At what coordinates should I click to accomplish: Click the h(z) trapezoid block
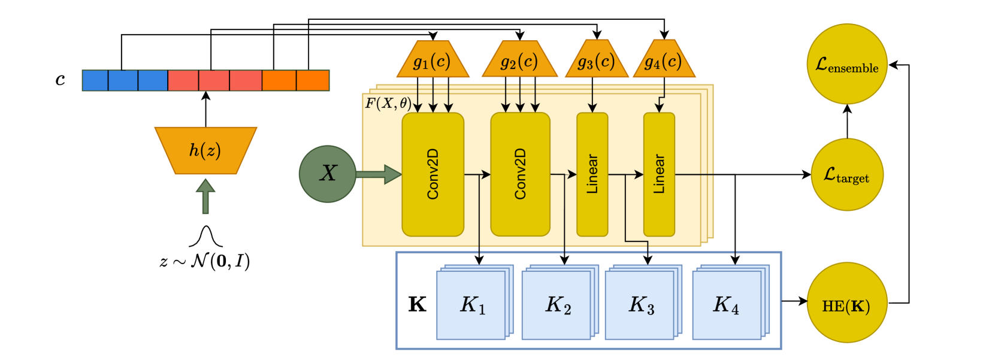205,150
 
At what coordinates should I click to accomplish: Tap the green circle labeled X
328,174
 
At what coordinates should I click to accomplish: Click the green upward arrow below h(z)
205,196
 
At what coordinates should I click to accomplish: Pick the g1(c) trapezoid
433,60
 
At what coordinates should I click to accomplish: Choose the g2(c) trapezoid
519,60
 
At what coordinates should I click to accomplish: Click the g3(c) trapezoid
596,60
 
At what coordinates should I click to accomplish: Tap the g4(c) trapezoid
663,60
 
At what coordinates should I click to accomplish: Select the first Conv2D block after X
433,174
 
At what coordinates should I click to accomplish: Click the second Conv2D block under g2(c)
520,174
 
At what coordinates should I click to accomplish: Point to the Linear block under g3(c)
592,174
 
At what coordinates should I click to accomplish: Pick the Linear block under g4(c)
659,174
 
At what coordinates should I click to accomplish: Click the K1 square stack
472,305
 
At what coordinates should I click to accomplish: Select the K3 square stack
641,305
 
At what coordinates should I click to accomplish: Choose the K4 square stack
726,305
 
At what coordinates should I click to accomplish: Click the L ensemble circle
847,64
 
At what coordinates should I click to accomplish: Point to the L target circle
847,175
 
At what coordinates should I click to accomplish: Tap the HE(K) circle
846,303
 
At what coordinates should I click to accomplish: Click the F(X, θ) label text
388,103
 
